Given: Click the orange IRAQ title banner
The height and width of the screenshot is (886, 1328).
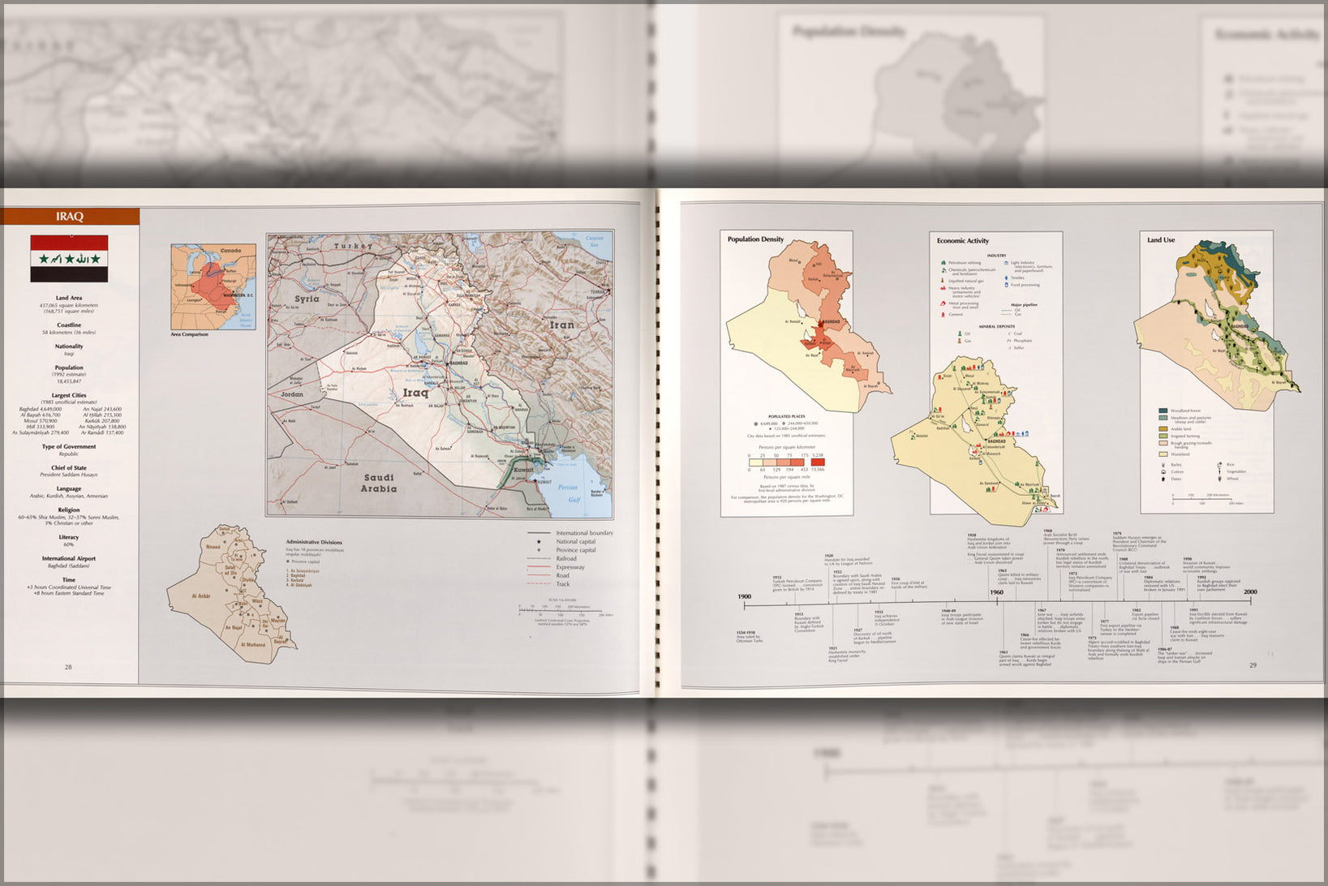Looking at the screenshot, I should pyautogui.click(x=70, y=217).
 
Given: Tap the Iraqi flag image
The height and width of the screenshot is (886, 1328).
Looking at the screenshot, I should pyautogui.click(x=69, y=258).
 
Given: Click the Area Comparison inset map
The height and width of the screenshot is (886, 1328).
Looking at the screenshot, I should pyautogui.click(x=213, y=286).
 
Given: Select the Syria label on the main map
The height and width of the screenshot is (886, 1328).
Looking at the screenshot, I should pyautogui.click(x=307, y=299).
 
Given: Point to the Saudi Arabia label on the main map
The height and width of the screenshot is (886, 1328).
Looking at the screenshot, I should pyautogui.click(x=379, y=483).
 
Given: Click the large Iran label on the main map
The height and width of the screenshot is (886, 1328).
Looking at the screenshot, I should pyautogui.click(x=561, y=325).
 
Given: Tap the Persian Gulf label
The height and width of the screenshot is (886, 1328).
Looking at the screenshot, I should pyautogui.click(x=568, y=492).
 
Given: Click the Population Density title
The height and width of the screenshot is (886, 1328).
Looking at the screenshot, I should pyautogui.click(x=755, y=239).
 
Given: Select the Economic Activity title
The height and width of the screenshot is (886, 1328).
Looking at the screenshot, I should pyautogui.click(x=962, y=240).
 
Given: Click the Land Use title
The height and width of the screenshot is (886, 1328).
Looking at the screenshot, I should pyautogui.click(x=1160, y=240).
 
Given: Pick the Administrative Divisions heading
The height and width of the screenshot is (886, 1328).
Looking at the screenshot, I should pyautogui.click(x=314, y=542).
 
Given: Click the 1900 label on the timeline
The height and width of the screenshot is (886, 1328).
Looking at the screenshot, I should pyautogui.click(x=744, y=597).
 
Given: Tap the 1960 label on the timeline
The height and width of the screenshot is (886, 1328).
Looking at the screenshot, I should pyautogui.click(x=996, y=592).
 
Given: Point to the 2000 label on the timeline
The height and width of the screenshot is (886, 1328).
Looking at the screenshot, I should pyautogui.click(x=1250, y=592).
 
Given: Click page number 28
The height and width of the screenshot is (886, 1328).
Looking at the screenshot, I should pyautogui.click(x=68, y=667).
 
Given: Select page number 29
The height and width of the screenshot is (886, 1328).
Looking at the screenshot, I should pyautogui.click(x=1253, y=665).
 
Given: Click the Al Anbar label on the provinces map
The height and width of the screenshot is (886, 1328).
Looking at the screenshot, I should pyautogui.click(x=200, y=596).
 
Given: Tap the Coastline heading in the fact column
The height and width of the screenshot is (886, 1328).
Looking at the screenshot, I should pyautogui.click(x=69, y=325).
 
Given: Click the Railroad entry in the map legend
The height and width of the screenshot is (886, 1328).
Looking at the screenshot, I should pyautogui.click(x=566, y=558).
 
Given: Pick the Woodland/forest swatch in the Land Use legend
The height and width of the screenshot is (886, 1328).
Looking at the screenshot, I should pyautogui.click(x=1163, y=411).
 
